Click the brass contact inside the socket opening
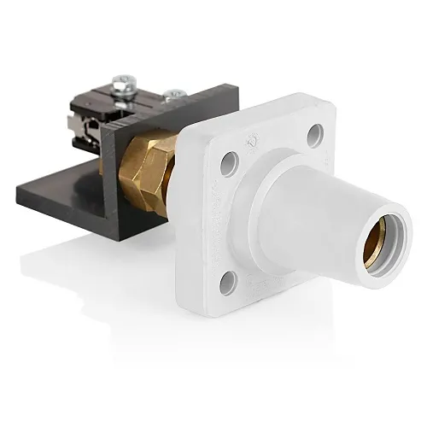(384, 243)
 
